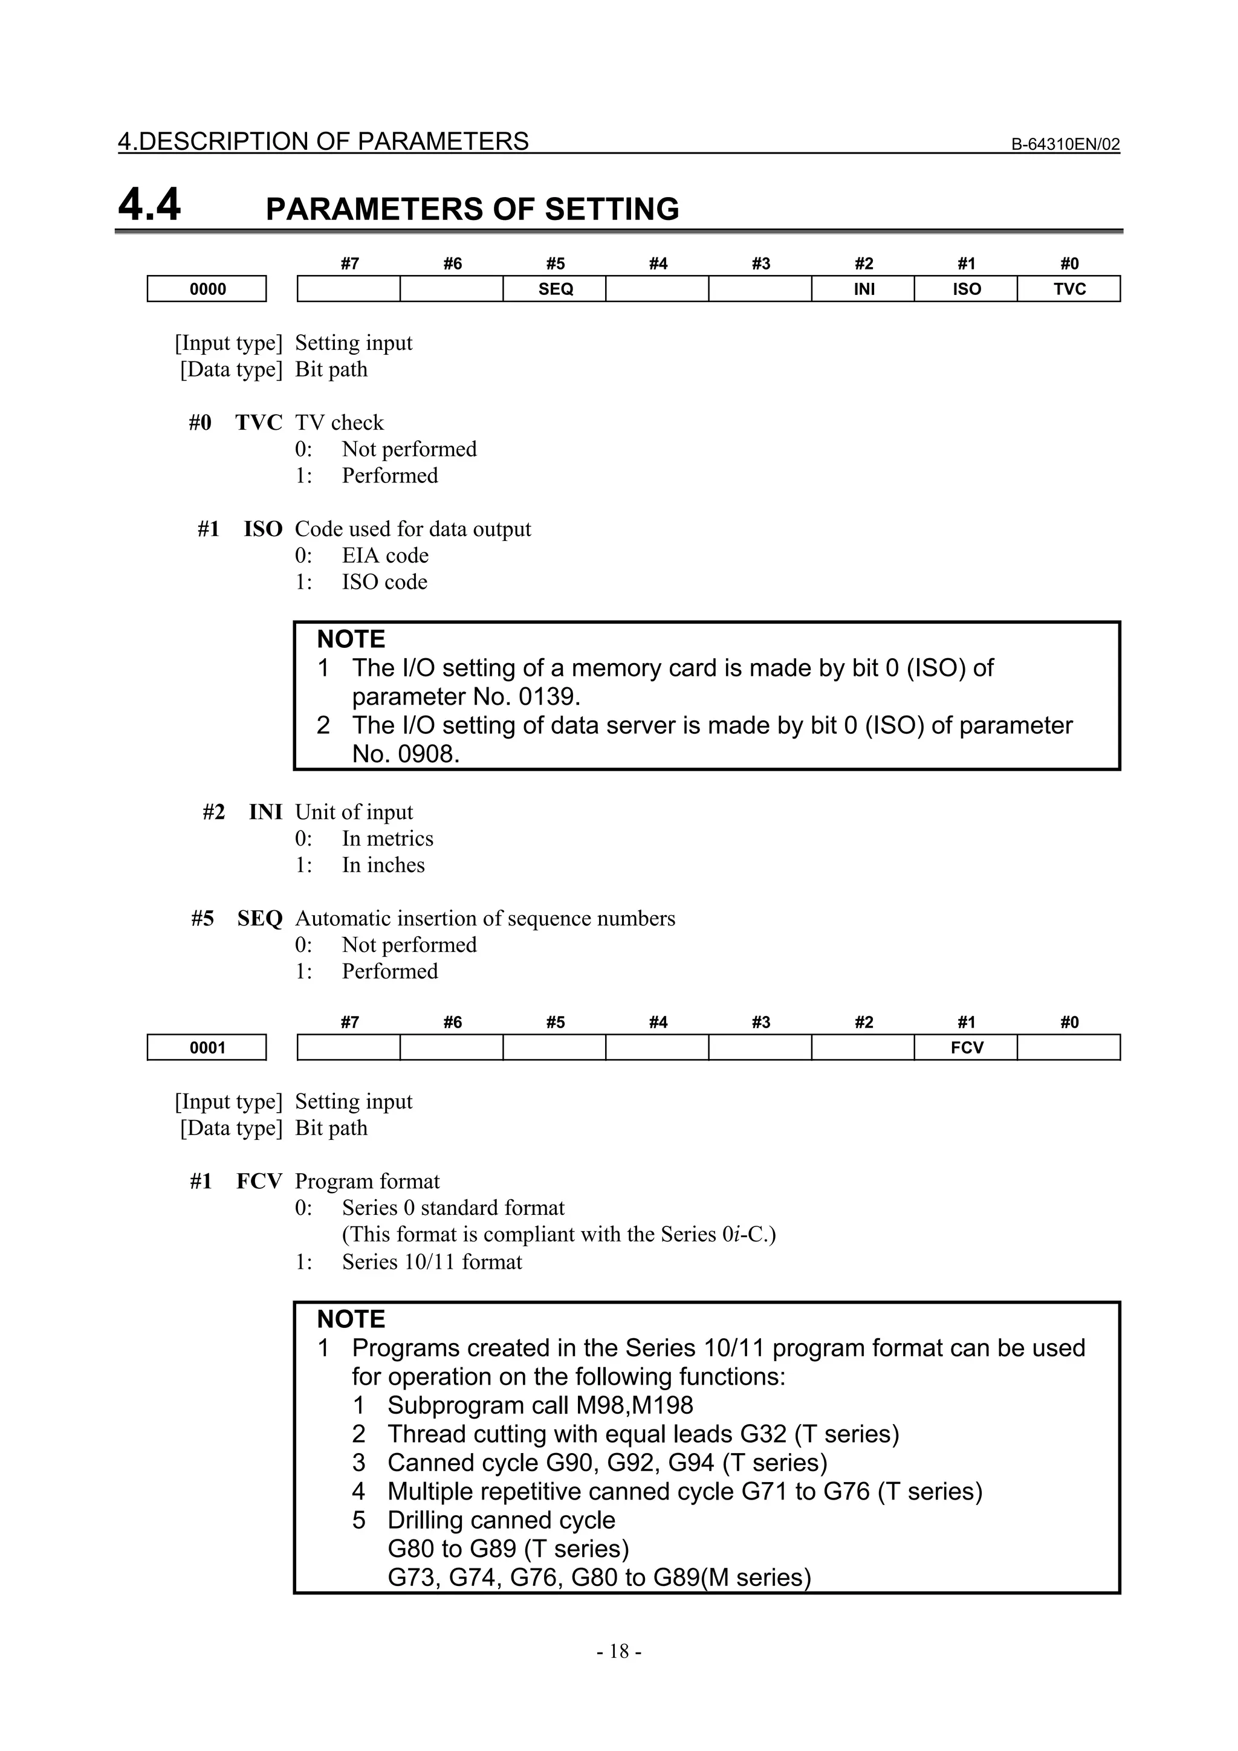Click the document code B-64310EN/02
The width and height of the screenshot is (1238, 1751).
[x=1065, y=144]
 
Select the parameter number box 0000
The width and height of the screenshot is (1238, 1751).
[x=207, y=289]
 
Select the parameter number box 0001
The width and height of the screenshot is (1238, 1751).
[x=207, y=1048]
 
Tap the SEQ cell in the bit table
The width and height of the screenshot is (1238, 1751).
[x=554, y=289]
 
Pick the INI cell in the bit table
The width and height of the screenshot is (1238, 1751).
[x=863, y=289]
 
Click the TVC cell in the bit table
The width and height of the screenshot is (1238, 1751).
[x=1069, y=289]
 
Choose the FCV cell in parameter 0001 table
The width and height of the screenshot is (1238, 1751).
[x=967, y=1048]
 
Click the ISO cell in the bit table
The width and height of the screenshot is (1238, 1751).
[x=966, y=289]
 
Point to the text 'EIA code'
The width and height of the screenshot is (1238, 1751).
[x=384, y=555]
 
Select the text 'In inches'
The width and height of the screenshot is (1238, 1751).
[x=383, y=865]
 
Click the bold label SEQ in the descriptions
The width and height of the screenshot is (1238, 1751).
[x=259, y=918]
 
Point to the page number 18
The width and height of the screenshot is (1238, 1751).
[x=618, y=1651]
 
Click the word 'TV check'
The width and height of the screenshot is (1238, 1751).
[x=340, y=422]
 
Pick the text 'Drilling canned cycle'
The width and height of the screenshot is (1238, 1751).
[x=501, y=1520]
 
